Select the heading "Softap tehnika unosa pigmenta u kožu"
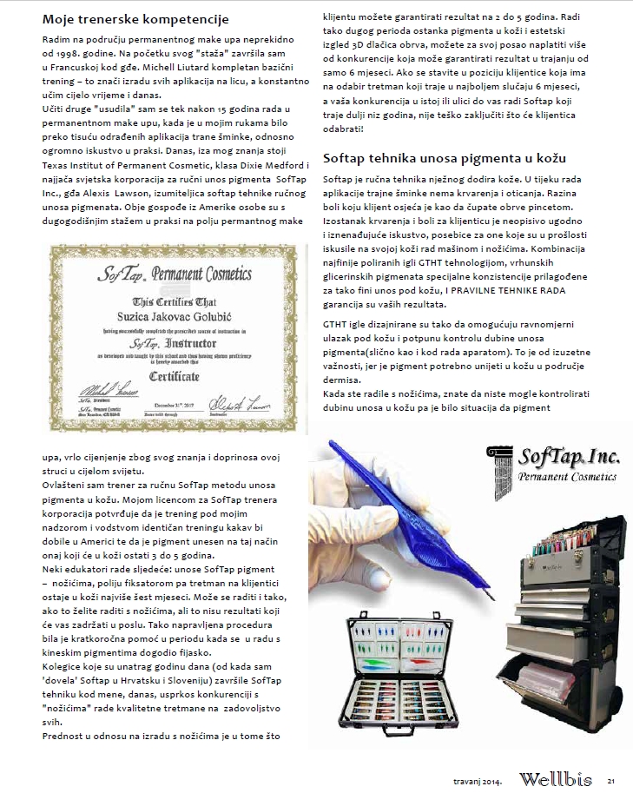(444, 158)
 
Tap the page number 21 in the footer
(611, 780)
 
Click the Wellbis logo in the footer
(557, 779)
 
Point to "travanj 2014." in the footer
(478, 780)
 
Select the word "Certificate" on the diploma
(174, 377)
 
